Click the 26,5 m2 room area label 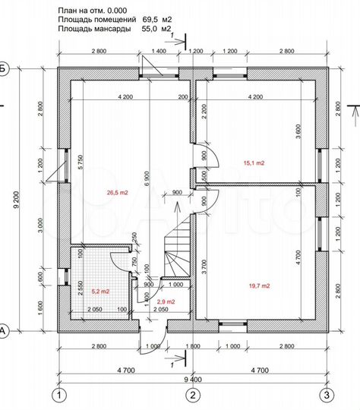[117, 193]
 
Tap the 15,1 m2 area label [254, 163]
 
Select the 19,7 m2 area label [259, 285]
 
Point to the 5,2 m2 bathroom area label [100, 292]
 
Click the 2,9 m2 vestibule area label [166, 301]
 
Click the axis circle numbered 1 [59, 395]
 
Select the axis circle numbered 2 [193, 395]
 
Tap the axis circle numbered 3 [327, 395]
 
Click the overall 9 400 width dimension [193, 380]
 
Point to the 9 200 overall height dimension [17, 200]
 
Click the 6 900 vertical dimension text [147, 178]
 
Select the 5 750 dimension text [81, 162]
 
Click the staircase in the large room [177, 246]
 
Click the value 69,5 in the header [150, 19]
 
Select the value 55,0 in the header [150, 29]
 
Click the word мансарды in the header [112, 29]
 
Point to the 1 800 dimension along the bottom [193, 346]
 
